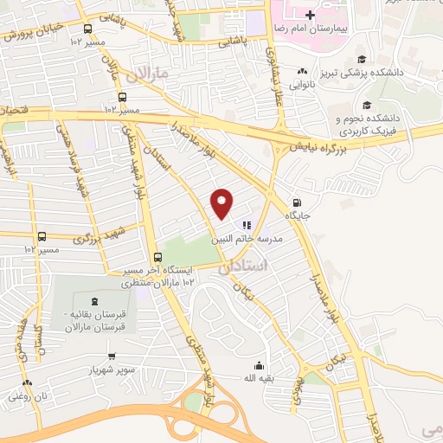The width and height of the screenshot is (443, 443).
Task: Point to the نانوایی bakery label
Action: (x=301, y=85)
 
